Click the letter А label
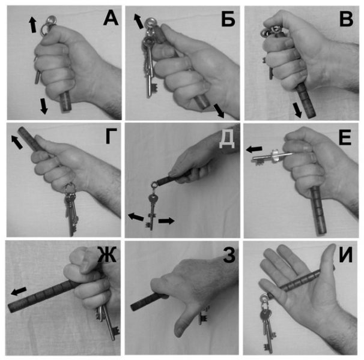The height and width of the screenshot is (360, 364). (x=111, y=18)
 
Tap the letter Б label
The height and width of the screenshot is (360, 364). (x=228, y=19)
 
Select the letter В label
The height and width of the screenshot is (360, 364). (x=347, y=19)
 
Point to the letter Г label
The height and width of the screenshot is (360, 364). (x=112, y=137)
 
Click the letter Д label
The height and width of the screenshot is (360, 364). (x=227, y=140)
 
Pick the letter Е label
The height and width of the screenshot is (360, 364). (x=345, y=138)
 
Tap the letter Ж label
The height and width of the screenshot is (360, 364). (x=106, y=254)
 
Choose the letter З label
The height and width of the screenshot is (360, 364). (x=229, y=255)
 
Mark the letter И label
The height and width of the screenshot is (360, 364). (x=345, y=254)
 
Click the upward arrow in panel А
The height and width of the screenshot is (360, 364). (x=32, y=24)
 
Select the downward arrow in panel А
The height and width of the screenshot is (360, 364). (x=43, y=106)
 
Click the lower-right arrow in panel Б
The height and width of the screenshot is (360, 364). (x=219, y=111)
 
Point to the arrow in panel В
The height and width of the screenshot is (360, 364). (x=297, y=110)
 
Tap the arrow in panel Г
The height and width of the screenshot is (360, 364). (x=17, y=142)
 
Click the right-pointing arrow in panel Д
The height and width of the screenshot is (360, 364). (x=166, y=221)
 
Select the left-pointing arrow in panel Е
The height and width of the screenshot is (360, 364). (x=254, y=149)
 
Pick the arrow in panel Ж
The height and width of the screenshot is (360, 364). (x=19, y=291)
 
